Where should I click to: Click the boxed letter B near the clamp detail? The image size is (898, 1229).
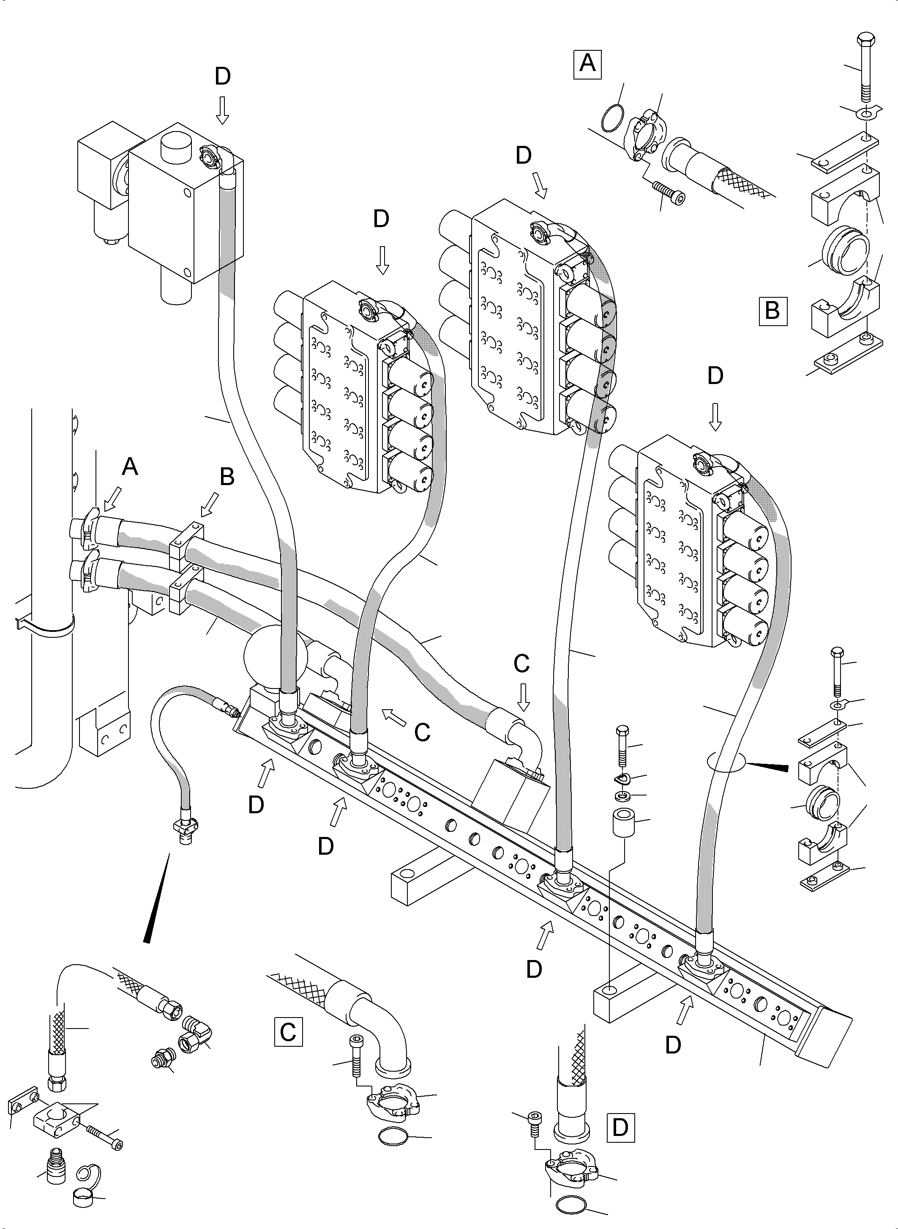point(772,311)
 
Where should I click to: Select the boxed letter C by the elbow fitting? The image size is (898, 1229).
point(288,1031)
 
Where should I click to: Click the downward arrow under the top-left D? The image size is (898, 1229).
point(222,112)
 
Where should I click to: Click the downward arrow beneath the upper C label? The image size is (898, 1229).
point(522,698)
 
